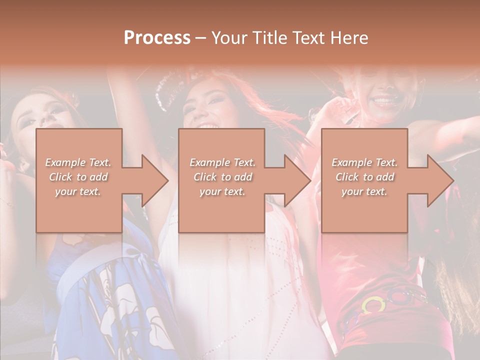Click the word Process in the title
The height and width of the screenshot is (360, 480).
coord(157,38)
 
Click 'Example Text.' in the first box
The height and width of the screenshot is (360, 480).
coord(78,162)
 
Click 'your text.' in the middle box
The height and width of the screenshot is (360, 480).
coord(222,191)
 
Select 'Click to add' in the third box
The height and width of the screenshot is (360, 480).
coord(364,177)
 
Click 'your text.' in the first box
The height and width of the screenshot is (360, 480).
coord(78,191)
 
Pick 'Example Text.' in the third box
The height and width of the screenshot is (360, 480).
coord(364,162)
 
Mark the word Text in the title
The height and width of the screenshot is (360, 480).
coord(307,38)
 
